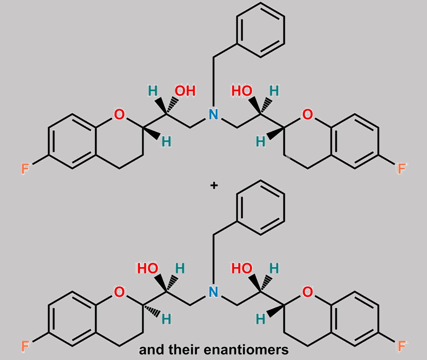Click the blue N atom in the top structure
(x=213, y=114)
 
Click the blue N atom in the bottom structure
(x=213, y=292)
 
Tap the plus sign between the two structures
(x=214, y=186)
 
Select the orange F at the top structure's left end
(x=25, y=168)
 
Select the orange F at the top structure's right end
(x=402, y=168)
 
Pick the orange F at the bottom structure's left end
(x=25, y=346)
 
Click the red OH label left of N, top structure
(x=185, y=91)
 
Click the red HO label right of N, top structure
(x=242, y=91)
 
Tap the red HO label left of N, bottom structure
(x=148, y=268)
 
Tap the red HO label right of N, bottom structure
(x=242, y=268)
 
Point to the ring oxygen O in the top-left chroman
(x=119, y=114)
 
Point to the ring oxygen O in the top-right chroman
(x=307, y=114)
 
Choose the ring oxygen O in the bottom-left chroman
(x=119, y=292)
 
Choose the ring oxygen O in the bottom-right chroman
(x=307, y=292)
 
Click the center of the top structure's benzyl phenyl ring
(x=260, y=30)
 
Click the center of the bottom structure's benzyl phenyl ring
(x=260, y=208)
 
